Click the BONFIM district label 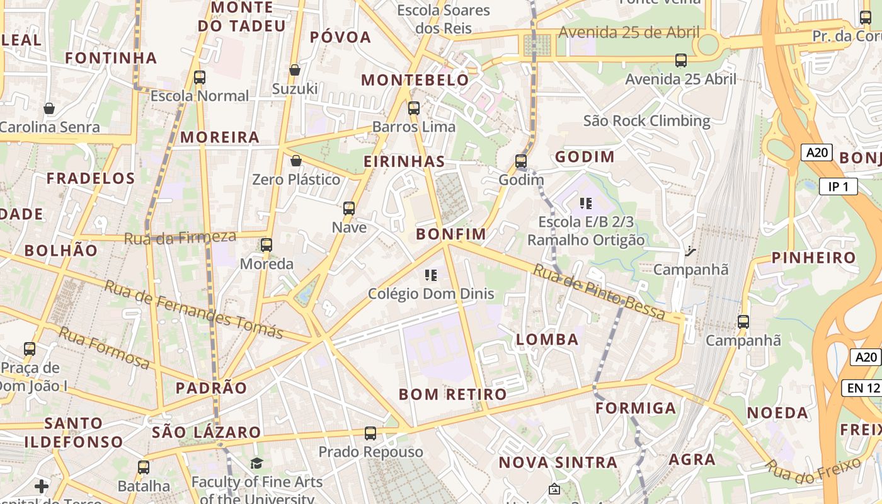451,234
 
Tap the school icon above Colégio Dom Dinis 431,275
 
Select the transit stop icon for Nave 349,208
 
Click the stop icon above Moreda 266,244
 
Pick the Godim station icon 521,161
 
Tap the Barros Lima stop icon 414,108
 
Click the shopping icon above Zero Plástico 296,161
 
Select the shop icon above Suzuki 294,69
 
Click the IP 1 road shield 839,186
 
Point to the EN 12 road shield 862,388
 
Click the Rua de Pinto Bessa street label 599,292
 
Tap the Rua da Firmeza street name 180,238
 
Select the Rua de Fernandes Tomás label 193,309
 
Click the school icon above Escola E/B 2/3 586,203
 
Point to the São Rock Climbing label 646,120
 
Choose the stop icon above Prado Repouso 370,433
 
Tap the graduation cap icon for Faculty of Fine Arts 256,464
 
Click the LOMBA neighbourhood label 547,340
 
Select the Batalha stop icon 144,467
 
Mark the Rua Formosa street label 104,347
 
